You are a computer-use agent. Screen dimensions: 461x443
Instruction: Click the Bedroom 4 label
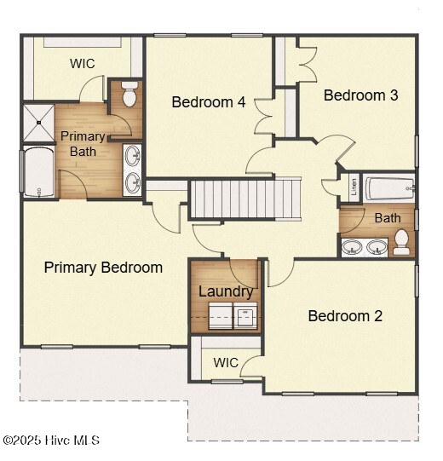click(x=209, y=102)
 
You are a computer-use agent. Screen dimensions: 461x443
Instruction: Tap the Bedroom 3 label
click(x=360, y=95)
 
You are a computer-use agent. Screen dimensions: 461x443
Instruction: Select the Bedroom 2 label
click(x=345, y=316)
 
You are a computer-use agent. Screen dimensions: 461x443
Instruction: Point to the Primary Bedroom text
click(x=103, y=268)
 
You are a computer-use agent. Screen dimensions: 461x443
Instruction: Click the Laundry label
click(x=226, y=291)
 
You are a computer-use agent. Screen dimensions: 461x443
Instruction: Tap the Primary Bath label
click(x=83, y=143)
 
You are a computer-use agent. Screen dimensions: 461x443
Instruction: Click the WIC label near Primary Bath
click(x=83, y=63)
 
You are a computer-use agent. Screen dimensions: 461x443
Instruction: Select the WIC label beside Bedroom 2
click(x=226, y=362)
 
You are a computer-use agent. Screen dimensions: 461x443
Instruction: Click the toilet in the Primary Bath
click(x=129, y=95)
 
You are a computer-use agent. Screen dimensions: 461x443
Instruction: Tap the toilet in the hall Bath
click(x=401, y=245)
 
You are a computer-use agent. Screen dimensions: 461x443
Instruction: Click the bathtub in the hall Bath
click(x=389, y=187)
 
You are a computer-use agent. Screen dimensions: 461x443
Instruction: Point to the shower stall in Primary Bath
click(x=37, y=123)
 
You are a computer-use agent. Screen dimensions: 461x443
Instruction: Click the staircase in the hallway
click(x=245, y=199)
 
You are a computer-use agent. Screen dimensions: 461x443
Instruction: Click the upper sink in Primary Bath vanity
click(x=132, y=155)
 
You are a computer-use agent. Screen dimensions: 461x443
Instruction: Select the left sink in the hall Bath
click(x=352, y=248)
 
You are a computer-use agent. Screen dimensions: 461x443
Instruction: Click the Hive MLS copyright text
click(x=51, y=441)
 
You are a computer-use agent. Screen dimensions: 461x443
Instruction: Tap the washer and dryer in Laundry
click(x=226, y=316)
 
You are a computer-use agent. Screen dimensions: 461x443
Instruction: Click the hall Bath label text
click(x=388, y=218)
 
